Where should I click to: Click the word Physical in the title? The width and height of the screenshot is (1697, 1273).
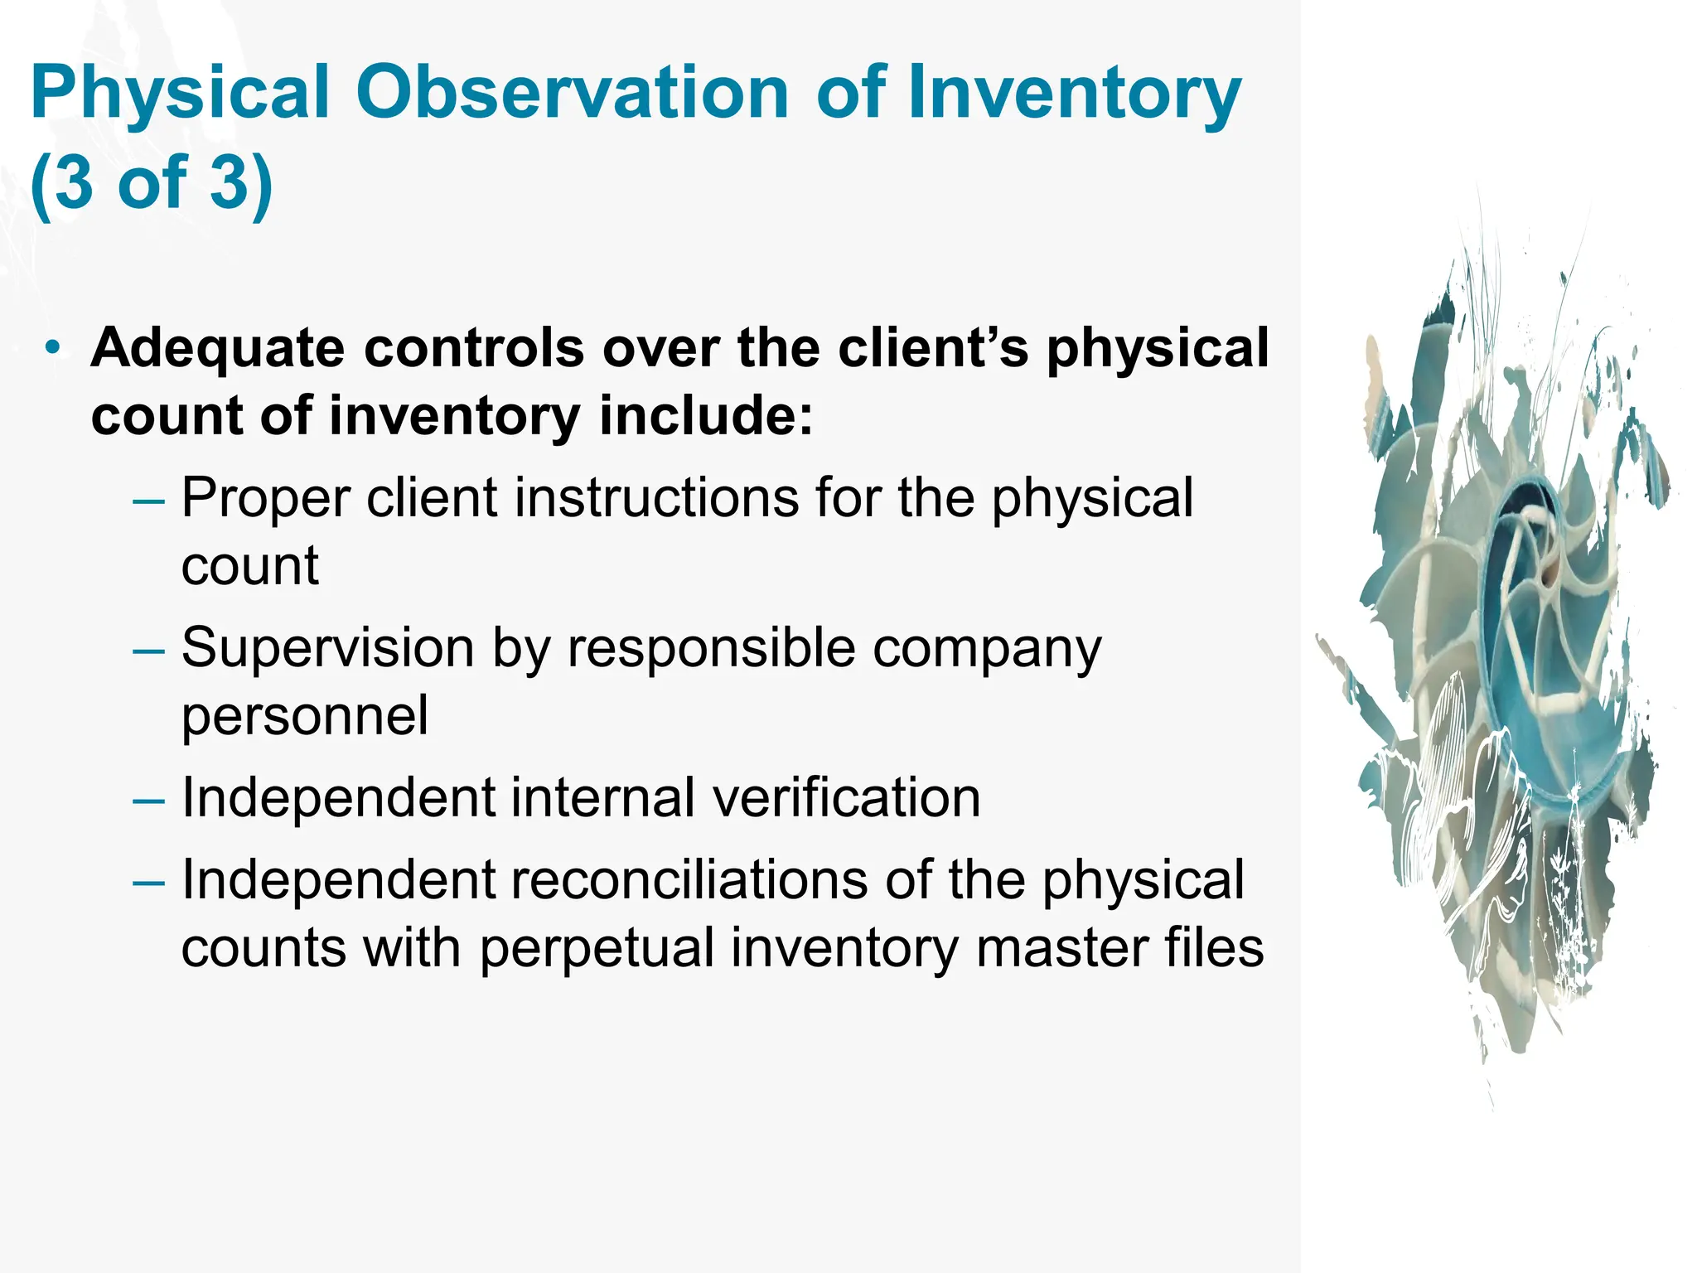pos(180,94)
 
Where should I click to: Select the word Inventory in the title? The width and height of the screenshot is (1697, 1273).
pos(1074,94)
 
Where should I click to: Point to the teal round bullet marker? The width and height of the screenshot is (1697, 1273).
pos(53,348)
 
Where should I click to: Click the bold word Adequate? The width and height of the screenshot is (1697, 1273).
pos(217,348)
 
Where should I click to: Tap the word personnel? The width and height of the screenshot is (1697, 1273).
pos(305,715)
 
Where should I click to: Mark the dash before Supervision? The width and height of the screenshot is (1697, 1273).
pos(148,651)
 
